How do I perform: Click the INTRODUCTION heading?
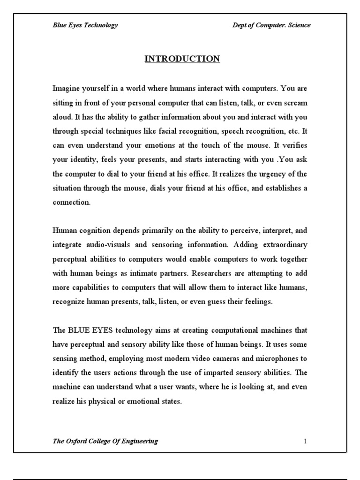point(182,59)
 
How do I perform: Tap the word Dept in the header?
point(241,25)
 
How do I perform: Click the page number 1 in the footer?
point(305,441)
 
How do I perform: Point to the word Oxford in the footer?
point(76,441)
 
